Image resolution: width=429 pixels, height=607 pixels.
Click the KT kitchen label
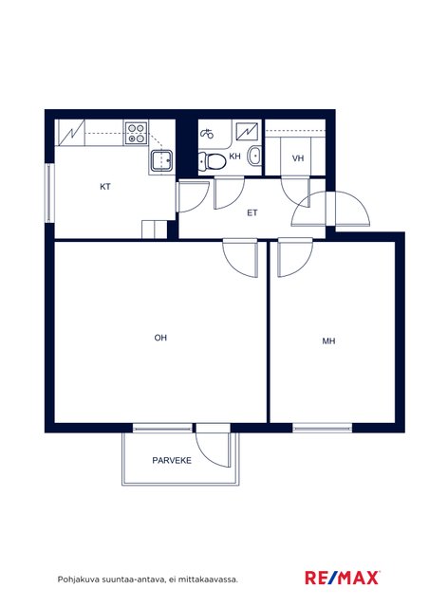[105, 187]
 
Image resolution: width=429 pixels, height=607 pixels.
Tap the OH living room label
[160, 338]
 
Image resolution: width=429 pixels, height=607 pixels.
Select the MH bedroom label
[328, 341]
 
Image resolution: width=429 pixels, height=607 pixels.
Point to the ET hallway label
[252, 212]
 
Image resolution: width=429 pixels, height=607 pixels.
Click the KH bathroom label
[234, 156]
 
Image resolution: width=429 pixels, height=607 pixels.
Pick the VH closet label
[298, 158]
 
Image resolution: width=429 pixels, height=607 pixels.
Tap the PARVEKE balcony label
[172, 460]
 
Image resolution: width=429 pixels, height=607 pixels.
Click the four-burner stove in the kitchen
[136, 133]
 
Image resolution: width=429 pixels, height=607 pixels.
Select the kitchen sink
[161, 161]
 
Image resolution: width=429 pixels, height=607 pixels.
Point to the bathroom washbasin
[255, 156]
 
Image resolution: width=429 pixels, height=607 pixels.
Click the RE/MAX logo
[343, 578]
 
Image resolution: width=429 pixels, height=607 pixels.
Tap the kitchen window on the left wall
[49, 193]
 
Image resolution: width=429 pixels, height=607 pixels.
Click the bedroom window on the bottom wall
[322, 428]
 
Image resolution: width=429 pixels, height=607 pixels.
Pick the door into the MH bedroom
[294, 257]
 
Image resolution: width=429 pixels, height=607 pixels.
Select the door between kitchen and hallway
[193, 196]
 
